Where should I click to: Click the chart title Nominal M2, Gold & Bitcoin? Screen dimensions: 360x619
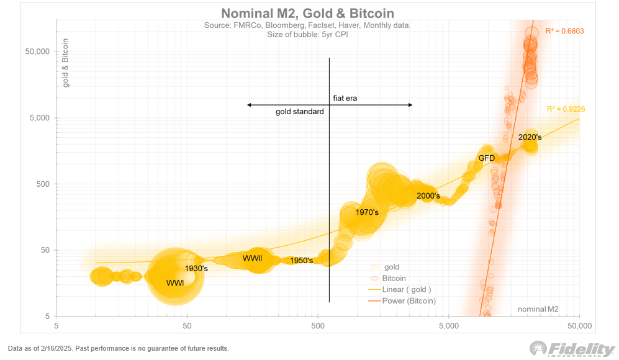pyautogui.click(x=308, y=13)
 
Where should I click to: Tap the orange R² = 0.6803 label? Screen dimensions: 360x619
pyautogui.click(x=564, y=31)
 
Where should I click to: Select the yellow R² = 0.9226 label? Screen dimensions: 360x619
pyautogui.click(x=566, y=109)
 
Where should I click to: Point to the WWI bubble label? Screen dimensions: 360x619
pyautogui.click(x=175, y=283)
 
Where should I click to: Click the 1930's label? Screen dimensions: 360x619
pyautogui.click(x=196, y=269)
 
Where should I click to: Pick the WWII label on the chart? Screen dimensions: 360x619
pyautogui.click(x=252, y=258)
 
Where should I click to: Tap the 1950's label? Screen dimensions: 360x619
pyautogui.click(x=301, y=261)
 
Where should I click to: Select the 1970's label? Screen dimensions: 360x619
pyautogui.click(x=367, y=212)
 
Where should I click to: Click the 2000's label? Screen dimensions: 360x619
pyautogui.click(x=428, y=196)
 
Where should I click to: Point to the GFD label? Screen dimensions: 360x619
pyautogui.click(x=486, y=158)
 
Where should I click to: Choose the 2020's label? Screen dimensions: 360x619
pyautogui.click(x=530, y=137)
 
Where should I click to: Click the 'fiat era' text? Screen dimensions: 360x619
pyautogui.click(x=345, y=98)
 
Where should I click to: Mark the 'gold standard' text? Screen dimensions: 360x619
pyautogui.click(x=300, y=112)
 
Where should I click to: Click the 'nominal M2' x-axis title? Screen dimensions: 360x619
pyautogui.click(x=537, y=308)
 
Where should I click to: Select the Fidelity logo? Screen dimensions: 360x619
pyautogui.click(x=571, y=349)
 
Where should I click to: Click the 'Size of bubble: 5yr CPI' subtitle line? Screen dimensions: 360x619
pyautogui.click(x=307, y=35)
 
